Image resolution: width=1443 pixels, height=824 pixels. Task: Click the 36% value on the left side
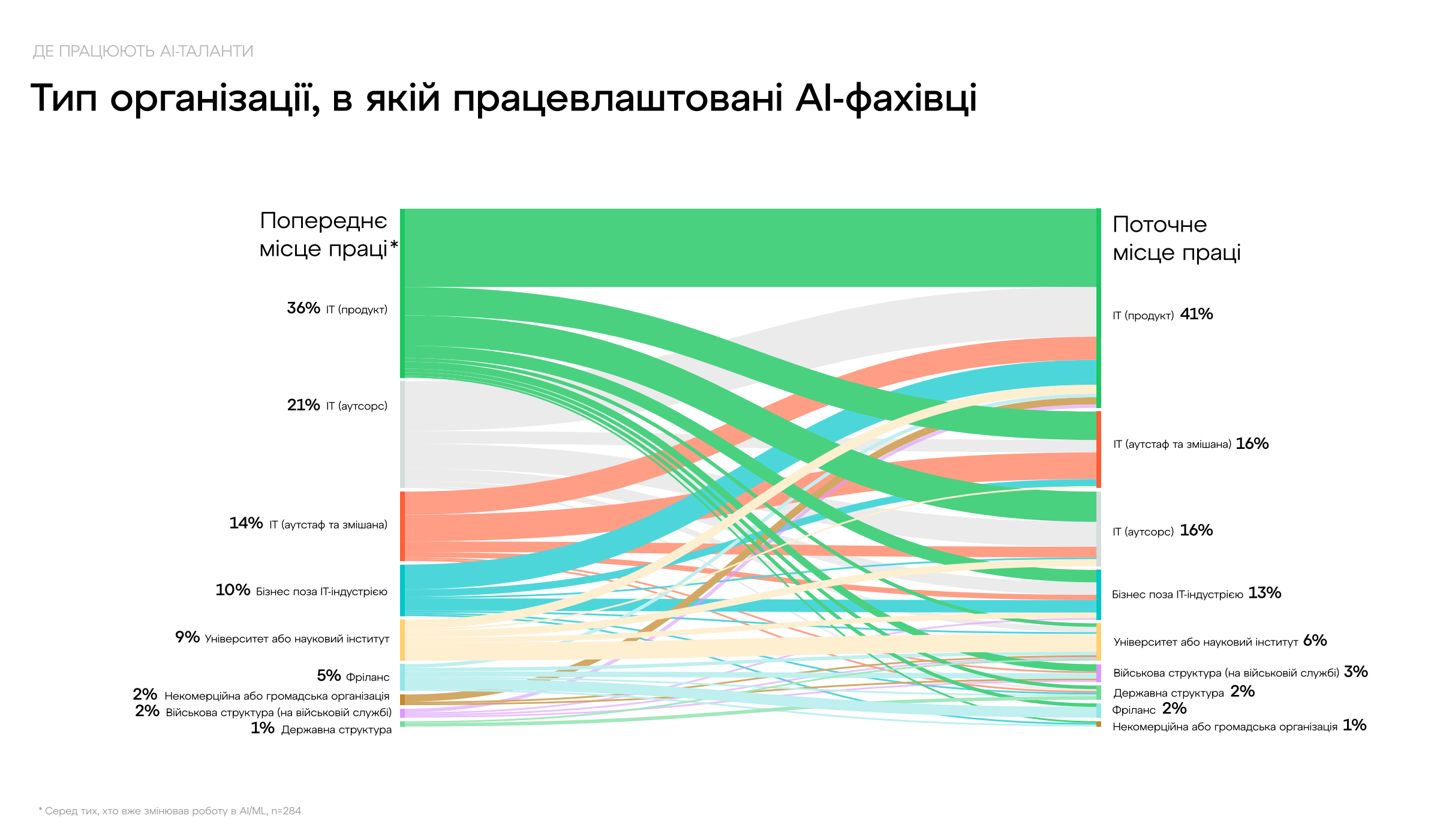pyautogui.click(x=303, y=308)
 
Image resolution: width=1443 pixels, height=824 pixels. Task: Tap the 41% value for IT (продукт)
pyautogui.click(x=1196, y=314)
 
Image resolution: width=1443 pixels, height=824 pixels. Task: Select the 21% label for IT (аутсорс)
pyautogui.click(x=303, y=405)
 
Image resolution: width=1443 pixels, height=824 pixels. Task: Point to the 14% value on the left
pyautogui.click(x=246, y=523)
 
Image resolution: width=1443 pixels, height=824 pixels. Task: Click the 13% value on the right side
pyautogui.click(x=1264, y=593)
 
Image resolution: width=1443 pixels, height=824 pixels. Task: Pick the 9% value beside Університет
pyautogui.click(x=187, y=637)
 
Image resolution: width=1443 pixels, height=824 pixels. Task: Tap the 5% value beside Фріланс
pyautogui.click(x=329, y=676)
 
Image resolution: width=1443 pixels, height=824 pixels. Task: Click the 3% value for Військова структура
pyautogui.click(x=1355, y=672)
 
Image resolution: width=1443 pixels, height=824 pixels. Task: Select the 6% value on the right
pyautogui.click(x=1315, y=640)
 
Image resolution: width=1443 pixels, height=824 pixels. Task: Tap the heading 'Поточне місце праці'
pyautogui.click(x=1176, y=238)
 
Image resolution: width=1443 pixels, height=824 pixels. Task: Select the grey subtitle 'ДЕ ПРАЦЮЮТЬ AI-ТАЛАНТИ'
pyautogui.click(x=143, y=52)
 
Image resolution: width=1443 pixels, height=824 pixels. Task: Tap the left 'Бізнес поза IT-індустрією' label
pyautogui.click(x=321, y=592)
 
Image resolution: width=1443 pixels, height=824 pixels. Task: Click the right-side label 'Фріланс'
pyautogui.click(x=1134, y=710)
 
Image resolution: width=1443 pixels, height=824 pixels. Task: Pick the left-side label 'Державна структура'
pyautogui.click(x=336, y=730)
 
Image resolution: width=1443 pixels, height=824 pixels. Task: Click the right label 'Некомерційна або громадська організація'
pyautogui.click(x=1225, y=727)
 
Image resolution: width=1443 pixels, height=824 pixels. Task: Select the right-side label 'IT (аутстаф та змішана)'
pyautogui.click(x=1172, y=444)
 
